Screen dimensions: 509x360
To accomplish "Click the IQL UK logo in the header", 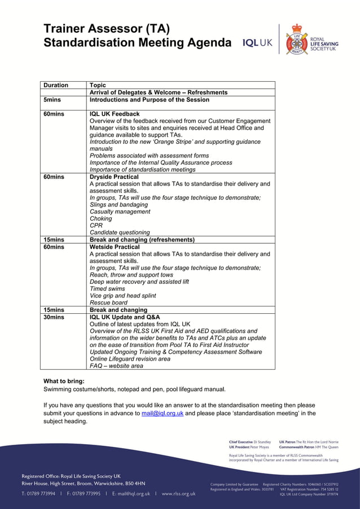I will pyautogui.click(x=257, y=43).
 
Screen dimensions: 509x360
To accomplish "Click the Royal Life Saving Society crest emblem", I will pyautogui.click(x=297, y=40).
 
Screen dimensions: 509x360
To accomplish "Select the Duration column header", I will pyautogui.click(x=56, y=85).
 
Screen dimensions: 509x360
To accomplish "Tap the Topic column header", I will pyautogui.click(x=98, y=85).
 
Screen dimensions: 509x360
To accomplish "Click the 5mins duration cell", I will pyautogui.click(x=52, y=100).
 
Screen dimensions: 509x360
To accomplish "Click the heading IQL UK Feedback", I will pyautogui.click(x=115, y=114).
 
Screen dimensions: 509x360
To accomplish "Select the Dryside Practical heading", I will pyautogui.click(x=114, y=177).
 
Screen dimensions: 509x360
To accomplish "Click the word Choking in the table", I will pyautogui.click(x=101, y=218).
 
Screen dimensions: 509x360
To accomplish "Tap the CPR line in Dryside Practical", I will pyautogui.click(x=96, y=226).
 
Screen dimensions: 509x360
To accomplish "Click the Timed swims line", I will pyautogui.click(x=107, y=289).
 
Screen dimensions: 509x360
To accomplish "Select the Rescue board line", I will pyautogui.click(x=108, y=302).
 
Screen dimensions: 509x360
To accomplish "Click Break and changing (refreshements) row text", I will pyautogui.click(x=142, y=240).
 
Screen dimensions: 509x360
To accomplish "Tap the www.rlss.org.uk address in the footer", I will pyautogui.click(x=178, y=493).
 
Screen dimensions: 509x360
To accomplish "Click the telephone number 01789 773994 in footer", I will pyautogui.click(x=41, y=493).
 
